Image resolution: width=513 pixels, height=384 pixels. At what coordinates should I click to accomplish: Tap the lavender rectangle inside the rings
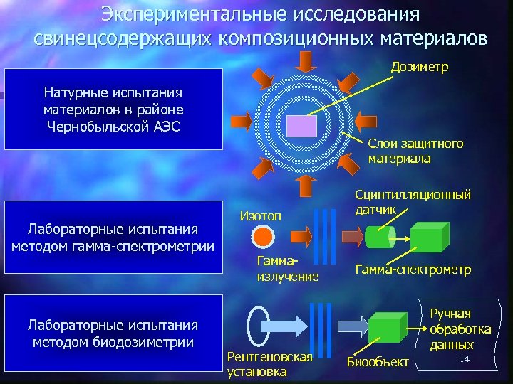click(301, 127)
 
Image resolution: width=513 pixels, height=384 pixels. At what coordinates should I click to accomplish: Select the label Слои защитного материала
click(415, 151)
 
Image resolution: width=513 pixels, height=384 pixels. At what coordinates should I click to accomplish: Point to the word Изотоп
click(261, 215)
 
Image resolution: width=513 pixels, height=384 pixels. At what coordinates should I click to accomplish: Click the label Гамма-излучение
click(287, 269)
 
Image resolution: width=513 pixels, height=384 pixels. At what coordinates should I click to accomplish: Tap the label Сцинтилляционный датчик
click(413, 200)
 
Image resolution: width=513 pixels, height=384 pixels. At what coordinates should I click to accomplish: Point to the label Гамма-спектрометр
click(413, 270)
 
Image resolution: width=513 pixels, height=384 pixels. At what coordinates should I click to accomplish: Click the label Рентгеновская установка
click(269, 363)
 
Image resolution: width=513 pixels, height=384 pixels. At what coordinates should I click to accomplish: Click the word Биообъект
click(378, 363)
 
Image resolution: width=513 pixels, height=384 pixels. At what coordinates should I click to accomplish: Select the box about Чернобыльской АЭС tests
click(113, 108)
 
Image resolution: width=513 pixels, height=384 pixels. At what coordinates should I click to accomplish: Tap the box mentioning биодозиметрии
click(113, 334)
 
